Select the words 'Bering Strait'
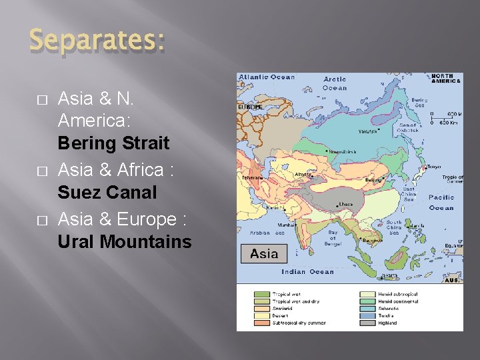tap(113, 143)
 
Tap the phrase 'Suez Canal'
tap(107, 193)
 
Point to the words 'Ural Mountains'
tap(124, 241)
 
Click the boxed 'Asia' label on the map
tap(264, 254)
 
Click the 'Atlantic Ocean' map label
tap(266, 77)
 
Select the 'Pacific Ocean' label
tap(441, 202)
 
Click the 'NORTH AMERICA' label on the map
tap(446, 78)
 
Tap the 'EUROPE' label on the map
tap(250, 106)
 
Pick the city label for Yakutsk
tap(367, 131)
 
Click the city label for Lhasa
tap(346, 204)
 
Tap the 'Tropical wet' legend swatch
tap(261, 294)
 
